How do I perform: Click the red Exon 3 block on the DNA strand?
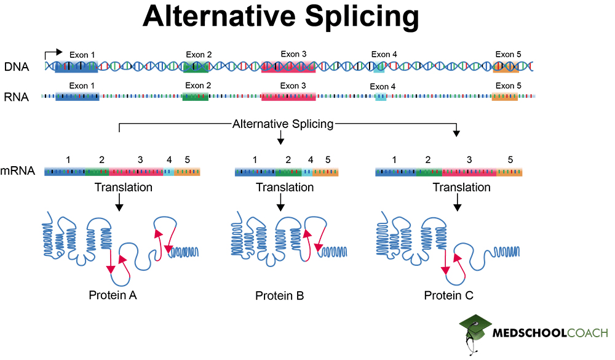pos(288,66)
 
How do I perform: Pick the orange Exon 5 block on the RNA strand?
pos(504,97)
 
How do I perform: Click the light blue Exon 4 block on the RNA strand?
pos(381,97)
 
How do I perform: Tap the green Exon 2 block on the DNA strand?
pos(196,66)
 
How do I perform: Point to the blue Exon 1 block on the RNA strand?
pos(77,97)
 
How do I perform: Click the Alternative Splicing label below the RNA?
pos(282,124)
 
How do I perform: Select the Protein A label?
pos(113,295)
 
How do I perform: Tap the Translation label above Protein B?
pos(280,187)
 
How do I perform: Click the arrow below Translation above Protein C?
pos(456,202)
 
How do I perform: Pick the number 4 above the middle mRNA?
pos(311,160)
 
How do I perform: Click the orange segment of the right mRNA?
pos(509,172)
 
